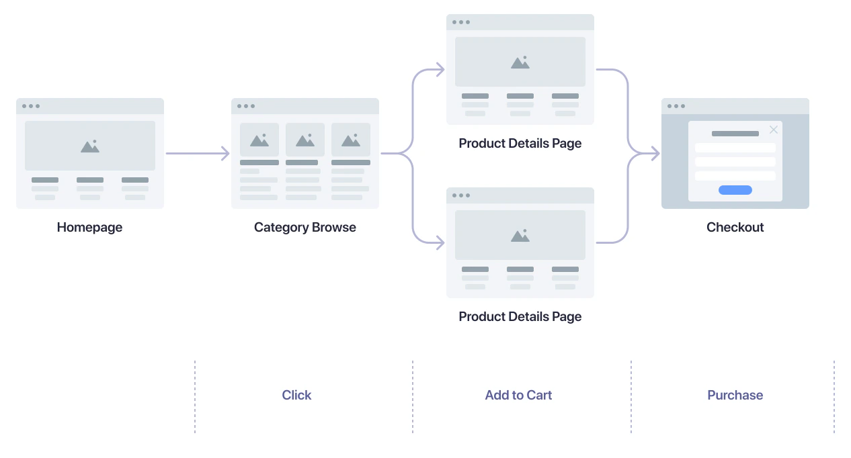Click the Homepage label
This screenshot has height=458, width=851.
click(x=89, y=228)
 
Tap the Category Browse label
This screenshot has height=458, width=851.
click(x=305, y=228)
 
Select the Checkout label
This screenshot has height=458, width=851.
click(x=735, y=228)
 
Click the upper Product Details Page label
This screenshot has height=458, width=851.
click(x=520, y=144)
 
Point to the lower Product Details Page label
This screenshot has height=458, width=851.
click(x=520, y=317)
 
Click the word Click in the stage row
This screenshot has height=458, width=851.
click(x=296, y=396)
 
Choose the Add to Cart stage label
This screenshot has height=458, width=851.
click(x=518, y=396)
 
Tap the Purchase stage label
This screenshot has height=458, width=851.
click(x=735, y=396)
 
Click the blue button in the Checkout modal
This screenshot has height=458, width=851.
click(x=735, y=190)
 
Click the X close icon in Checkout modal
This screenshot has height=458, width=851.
click(x=774, y=130)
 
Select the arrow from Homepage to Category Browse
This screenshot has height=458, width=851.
click(x=198, y=154)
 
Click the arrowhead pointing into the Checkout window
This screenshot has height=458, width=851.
click(x=654, y=154)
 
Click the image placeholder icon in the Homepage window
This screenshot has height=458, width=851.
click(x=90, y=146)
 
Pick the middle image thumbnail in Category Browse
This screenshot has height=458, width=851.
click(x=305, y=140)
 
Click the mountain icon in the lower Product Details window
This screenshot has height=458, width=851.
click(x=520, y=235)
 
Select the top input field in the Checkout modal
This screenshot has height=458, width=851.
click(x=735, y=148)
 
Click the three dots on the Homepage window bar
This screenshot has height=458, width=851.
click(x=31, y=106)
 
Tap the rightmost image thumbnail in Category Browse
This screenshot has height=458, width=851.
click(x=351, y=140)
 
